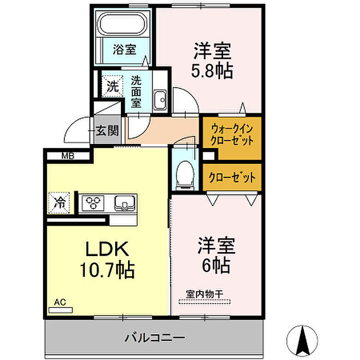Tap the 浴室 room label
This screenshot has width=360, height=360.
coord(124,49)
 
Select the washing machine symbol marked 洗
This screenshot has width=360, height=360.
coord(113,86)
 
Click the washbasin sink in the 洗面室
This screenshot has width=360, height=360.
coord(160,100)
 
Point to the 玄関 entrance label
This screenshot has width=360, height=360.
coord(107,131)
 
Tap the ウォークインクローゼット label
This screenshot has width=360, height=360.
coord(232,135)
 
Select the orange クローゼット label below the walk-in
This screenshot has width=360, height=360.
coord(232,177)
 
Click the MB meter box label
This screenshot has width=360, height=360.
coord(68,156)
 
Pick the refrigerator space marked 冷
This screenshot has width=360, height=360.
coord(59,203)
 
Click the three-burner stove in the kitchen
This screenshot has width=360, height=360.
coord(93,203)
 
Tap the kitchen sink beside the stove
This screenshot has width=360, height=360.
coord(124,203)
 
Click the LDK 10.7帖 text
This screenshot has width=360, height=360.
coord(107,259)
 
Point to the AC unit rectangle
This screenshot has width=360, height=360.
coord(61,310)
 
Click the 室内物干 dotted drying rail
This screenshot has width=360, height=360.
coord(204,302)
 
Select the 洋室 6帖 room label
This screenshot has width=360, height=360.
coord(217,255)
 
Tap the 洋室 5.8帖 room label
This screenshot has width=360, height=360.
coord(212,61)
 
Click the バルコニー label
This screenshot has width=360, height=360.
coord(154,337)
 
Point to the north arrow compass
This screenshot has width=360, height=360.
coord(302,340)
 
